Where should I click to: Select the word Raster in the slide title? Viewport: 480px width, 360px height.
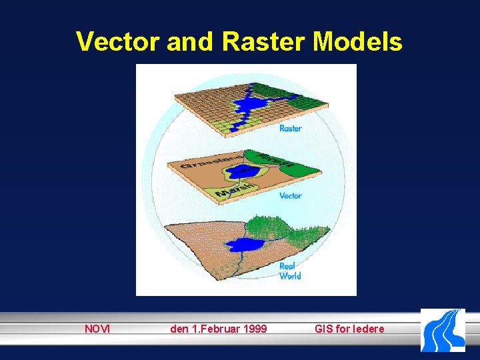(x=264, y=41)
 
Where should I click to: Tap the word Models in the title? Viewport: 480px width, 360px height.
(x=357, y=41)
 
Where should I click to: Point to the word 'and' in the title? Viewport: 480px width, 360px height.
(x=190, y=41)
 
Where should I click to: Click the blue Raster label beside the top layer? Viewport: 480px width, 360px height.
(x=290, y=128)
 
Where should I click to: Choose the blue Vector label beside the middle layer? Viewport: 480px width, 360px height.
(x=290, y=195)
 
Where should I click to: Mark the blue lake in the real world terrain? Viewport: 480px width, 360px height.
(x=243, y=245)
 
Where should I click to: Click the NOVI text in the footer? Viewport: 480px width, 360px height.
(x=97, y=329)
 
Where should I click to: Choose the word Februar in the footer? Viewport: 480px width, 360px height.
(x=215, y=329)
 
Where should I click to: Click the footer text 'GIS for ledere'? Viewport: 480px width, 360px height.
(x=349, y=329)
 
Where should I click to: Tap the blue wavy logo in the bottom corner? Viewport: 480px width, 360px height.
(x=443, y=330)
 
